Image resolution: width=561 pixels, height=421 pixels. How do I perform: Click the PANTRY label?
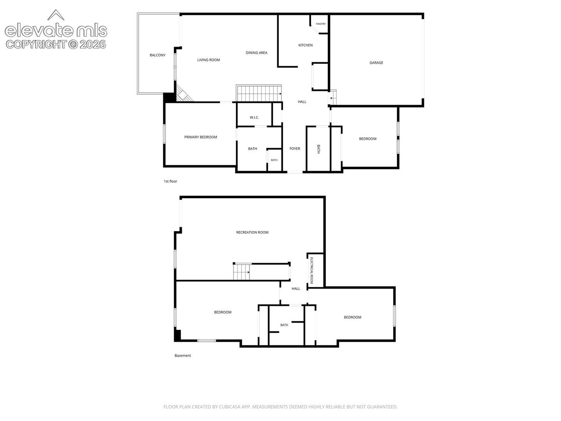coord(321,24)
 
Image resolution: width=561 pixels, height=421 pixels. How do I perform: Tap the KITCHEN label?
coord(305,45)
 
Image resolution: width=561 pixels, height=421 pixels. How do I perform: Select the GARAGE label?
coord(376,63)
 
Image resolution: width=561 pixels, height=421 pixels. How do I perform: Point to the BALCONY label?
coord(157,55)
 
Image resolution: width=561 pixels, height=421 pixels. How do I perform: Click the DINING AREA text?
coord(256,53)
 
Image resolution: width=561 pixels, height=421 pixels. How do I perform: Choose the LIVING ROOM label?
coord(208,60)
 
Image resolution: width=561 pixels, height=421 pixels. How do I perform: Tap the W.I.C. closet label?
coord(254,118)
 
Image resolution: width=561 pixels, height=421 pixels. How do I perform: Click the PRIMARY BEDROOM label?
coord(200,137)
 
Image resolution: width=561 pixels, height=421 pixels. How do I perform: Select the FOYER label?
coord(295,149)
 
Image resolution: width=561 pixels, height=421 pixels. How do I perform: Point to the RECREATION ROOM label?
coord(252,232)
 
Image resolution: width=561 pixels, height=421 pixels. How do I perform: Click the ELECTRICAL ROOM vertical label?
coord(311,271)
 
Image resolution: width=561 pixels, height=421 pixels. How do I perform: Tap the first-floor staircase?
coord(259,93)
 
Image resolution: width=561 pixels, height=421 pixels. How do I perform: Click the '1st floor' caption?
coord(170,181)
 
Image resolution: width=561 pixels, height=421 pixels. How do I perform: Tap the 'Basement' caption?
coord(182,356)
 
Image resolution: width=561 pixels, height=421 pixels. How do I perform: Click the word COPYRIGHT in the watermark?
coord(36,44)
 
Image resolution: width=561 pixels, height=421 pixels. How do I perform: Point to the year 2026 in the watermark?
coord(92,44)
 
